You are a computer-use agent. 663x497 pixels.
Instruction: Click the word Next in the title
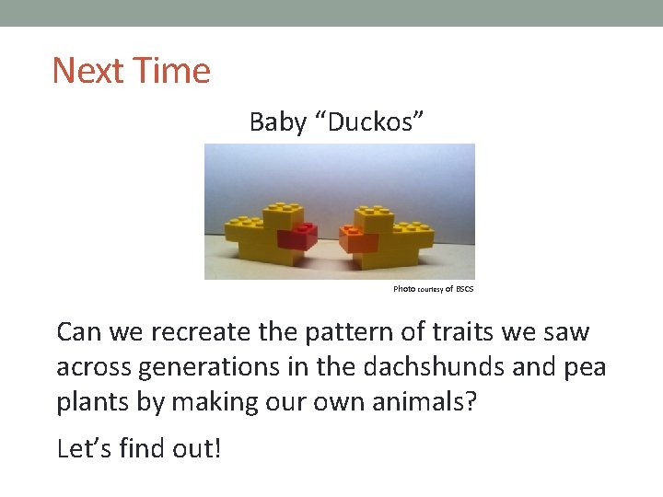click(89, 71)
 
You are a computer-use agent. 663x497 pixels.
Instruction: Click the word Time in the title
click(172, 71)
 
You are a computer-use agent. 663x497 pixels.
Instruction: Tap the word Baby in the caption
click(277, 122)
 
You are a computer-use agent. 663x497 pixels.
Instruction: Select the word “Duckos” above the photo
click(369, 122)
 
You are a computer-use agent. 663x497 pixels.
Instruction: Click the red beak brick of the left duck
click(297, 237)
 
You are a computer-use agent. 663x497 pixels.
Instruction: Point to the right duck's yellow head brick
click(372, 217)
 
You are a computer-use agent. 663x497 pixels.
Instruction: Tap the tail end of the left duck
click(235, 229)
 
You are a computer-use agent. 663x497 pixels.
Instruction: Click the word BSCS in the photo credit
click(465, 289)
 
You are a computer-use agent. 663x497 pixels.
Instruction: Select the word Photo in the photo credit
click(404, 289)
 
